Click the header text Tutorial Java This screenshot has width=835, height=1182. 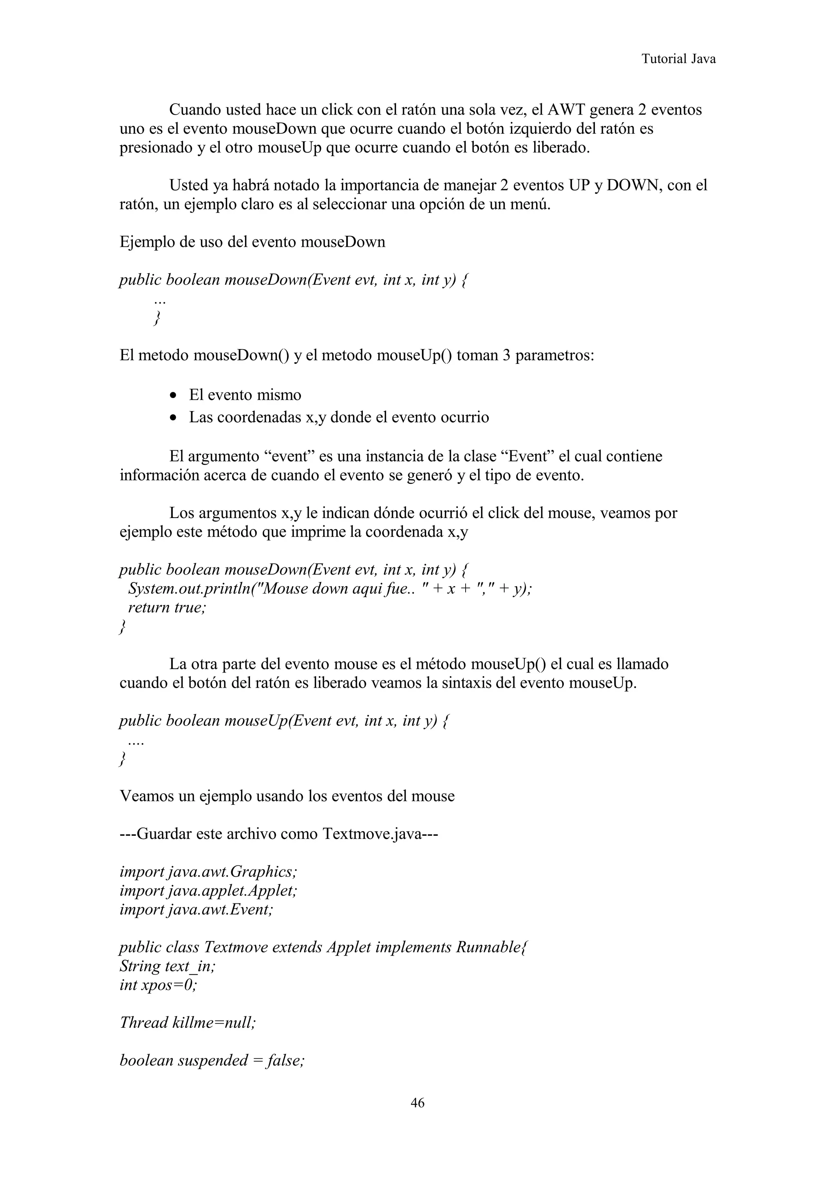tap(678, 59)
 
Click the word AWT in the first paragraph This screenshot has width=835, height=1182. tap(566, 110)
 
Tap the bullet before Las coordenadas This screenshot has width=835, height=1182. tap(175, 418)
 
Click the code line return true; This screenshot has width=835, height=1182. tap(166, 607)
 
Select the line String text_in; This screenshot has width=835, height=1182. tap(167, 966)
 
